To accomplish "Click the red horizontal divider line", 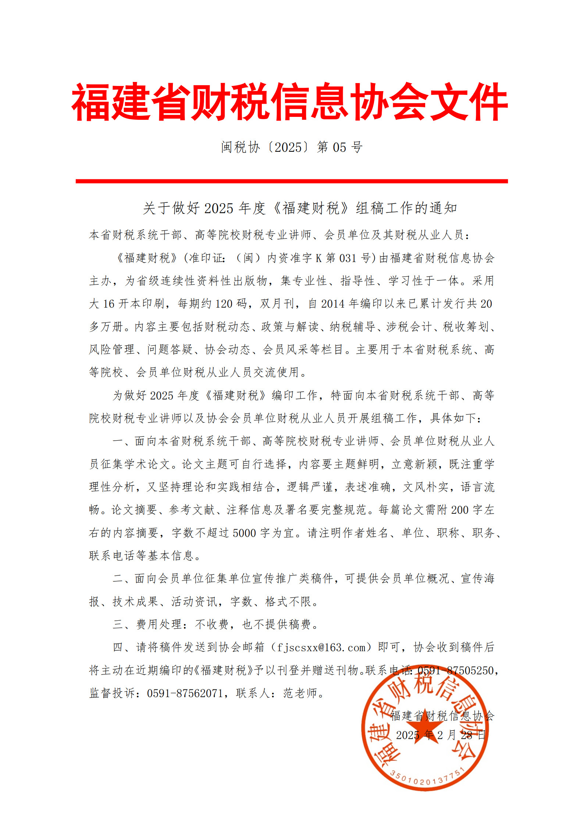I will [x=292, y=181].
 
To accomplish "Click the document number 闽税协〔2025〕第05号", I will [x=292, y=147].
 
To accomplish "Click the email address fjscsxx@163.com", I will [x=321, y=648].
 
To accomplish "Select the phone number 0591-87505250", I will [x=456, y=671].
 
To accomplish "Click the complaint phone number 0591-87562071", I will [x=185, y=693].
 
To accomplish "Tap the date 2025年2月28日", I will [x=441, y=735].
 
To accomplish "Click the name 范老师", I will [x=300, y=693].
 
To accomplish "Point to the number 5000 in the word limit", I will [x=245, y=533].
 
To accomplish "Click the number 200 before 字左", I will [x=460, y=510].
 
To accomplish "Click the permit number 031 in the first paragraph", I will [x=348, y=258].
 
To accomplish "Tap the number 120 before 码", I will [x=224, y=304].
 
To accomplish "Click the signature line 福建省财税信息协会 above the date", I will [x=442, y=715].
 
